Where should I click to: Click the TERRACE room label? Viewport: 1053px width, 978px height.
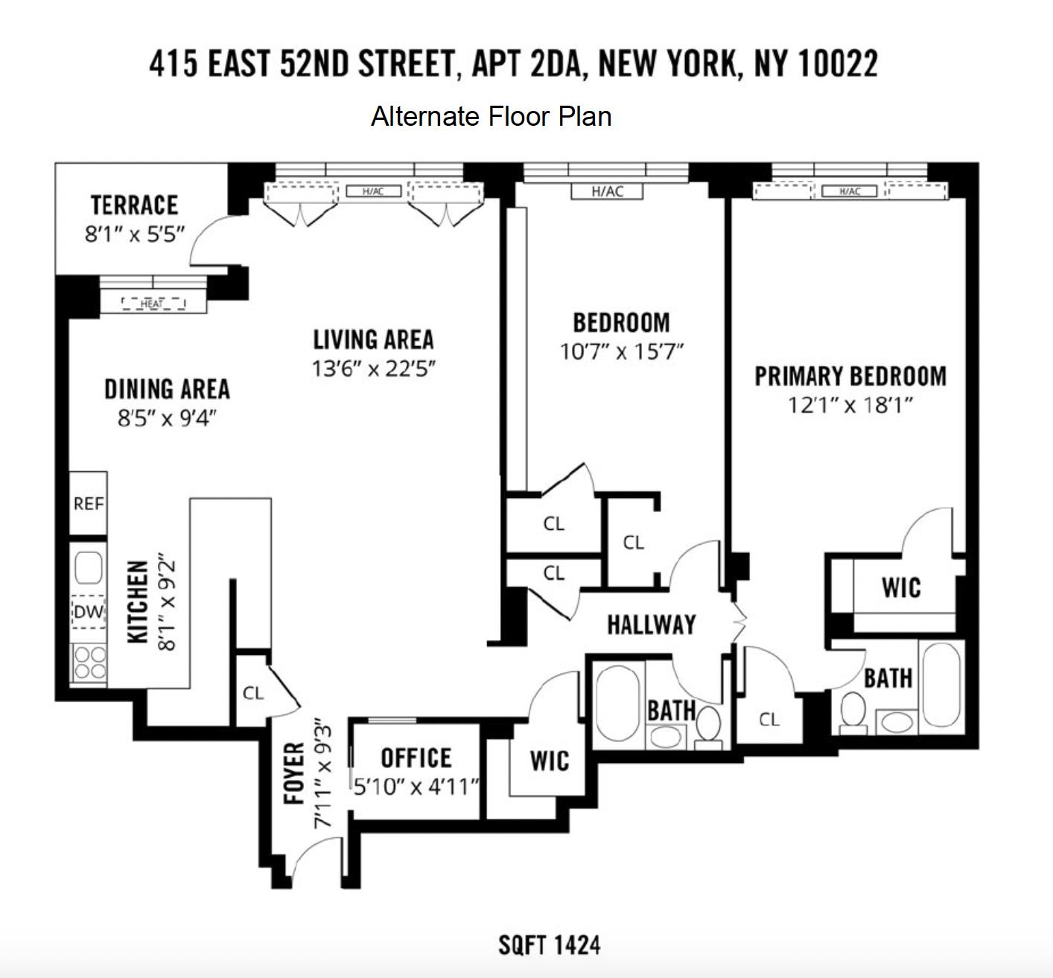(134, 205)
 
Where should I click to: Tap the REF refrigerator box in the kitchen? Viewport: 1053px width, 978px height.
(88, 504)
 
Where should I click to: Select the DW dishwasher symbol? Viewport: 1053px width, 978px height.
(89, 613)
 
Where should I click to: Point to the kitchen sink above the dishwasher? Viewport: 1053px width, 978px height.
(89, 568)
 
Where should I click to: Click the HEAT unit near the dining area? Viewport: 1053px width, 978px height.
(153, 304)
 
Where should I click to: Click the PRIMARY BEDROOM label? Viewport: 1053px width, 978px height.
(850, 377)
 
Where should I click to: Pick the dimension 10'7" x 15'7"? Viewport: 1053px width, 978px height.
(621, 351)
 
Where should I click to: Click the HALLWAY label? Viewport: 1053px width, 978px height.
(652, 624)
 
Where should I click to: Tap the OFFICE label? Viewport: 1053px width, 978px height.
(416, 758)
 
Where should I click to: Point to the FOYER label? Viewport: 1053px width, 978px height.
(295, 773)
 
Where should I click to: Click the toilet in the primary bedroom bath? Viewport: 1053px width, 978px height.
(852, 711)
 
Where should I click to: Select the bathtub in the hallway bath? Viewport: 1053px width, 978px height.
(617, 703)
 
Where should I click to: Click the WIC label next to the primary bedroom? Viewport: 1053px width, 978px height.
(901, 588)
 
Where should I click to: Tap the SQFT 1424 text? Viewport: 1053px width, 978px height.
(549, 945)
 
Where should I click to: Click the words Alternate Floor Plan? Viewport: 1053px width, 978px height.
(491, 117)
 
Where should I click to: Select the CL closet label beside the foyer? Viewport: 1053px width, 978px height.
(253, 693)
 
